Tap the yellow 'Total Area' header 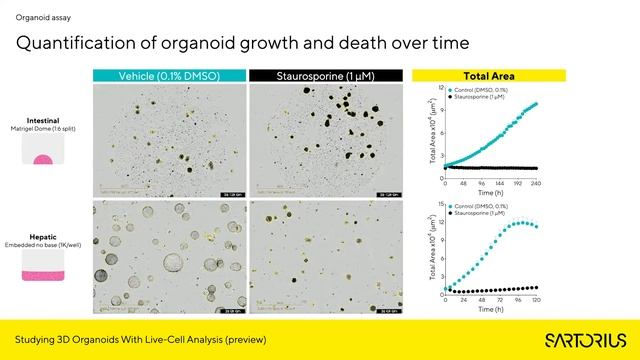(x=489, y=75)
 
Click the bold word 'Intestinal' (x=42, y=118)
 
